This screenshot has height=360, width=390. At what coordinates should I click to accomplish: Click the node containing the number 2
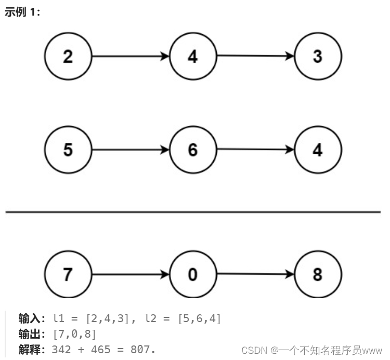pos(68,56)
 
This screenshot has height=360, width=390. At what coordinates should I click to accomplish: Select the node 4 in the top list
pos(193,56)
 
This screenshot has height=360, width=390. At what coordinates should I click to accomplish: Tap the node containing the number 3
pos(318,56)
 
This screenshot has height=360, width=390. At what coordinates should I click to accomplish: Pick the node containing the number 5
pos(68,150)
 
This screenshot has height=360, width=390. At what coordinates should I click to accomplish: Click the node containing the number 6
pos(193,150)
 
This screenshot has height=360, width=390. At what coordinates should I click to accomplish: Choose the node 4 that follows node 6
pos(318,150)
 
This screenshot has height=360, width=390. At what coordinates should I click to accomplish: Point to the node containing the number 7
pos(68,274)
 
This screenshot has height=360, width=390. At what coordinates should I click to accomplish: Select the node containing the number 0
pos(193,274)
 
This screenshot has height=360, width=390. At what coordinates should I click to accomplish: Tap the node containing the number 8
pos(318,274)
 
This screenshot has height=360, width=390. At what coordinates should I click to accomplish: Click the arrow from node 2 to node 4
pos(131,56)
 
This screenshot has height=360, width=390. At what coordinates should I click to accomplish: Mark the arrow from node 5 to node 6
pos(131,150)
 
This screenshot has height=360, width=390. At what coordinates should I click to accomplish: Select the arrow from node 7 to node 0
pos(131,274)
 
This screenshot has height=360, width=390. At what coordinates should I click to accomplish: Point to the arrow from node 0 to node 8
pos(255,274)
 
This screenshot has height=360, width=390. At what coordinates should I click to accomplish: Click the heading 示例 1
pos(22,12)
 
